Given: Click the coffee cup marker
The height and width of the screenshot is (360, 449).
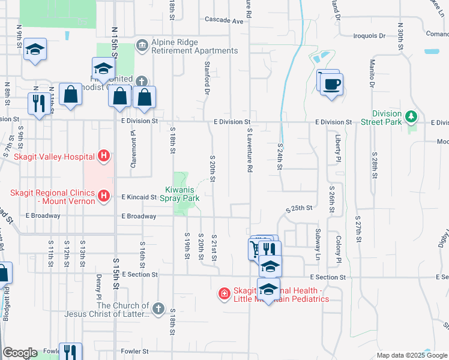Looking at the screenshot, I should click(x=330, y=83).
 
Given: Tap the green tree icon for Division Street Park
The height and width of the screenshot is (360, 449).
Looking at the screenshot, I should click(x=411, y=116).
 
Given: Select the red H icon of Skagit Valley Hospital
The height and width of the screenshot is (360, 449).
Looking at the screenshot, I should click(x=104, y=157).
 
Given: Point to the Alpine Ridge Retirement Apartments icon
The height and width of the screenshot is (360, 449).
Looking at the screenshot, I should click(x=142, y=44).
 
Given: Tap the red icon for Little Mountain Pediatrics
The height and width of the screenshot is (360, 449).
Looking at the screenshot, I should click(x=224, y=293).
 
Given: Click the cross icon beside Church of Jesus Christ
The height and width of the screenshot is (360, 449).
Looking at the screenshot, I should click(x=158, y=308).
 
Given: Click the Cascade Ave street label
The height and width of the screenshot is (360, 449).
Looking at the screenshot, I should click(x=224, y=20).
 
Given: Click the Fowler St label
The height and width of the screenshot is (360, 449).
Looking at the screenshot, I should click(x=134, y=351).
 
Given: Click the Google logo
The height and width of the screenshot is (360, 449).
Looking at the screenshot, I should click(x=20, y=353).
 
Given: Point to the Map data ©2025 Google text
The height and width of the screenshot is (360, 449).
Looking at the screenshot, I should click(x=411, y=355).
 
